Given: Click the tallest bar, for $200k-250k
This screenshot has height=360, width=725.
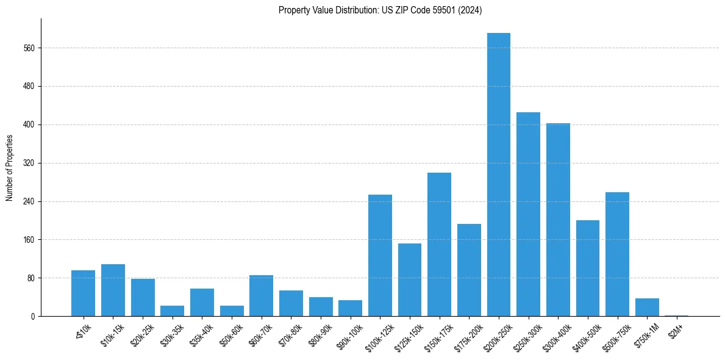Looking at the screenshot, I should pyautogui.click(x=499, y=175).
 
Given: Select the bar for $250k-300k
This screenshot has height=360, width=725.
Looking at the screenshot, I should pyautogui.click(x=528, y=214).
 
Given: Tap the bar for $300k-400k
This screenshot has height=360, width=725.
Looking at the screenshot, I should pyautogui.click(x=558, y=220).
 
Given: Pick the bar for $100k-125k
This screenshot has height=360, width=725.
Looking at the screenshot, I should pyautogui.click(x=380, y=255).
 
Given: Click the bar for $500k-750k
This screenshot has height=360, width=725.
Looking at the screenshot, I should pyautogui.click(x=617, y=254).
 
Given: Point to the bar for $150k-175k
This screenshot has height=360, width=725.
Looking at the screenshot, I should pyautogui.click(x=439, y=244).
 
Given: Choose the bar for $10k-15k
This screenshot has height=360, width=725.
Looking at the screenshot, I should pyautogui.click(x=113, y=290).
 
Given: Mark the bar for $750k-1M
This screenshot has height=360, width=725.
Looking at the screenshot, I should pyautogui.click(x=647, y=307).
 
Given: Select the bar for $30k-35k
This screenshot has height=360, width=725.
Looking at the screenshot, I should pyautogui.click(x=172, y=311).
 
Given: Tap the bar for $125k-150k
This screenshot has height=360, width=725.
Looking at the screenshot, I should pyautogui.click(x=410, y=279).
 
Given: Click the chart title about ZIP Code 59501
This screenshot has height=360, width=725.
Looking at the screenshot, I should pyautogui.click(x=380, y=10).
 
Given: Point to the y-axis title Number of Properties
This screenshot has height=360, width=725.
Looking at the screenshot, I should pyautogui.click(x=10, y=168).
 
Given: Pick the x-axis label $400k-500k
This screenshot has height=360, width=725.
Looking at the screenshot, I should pyautogui.click(x=586, y=334).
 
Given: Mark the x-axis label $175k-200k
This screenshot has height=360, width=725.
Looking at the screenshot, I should pyautogui.click(x=467, y=334).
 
